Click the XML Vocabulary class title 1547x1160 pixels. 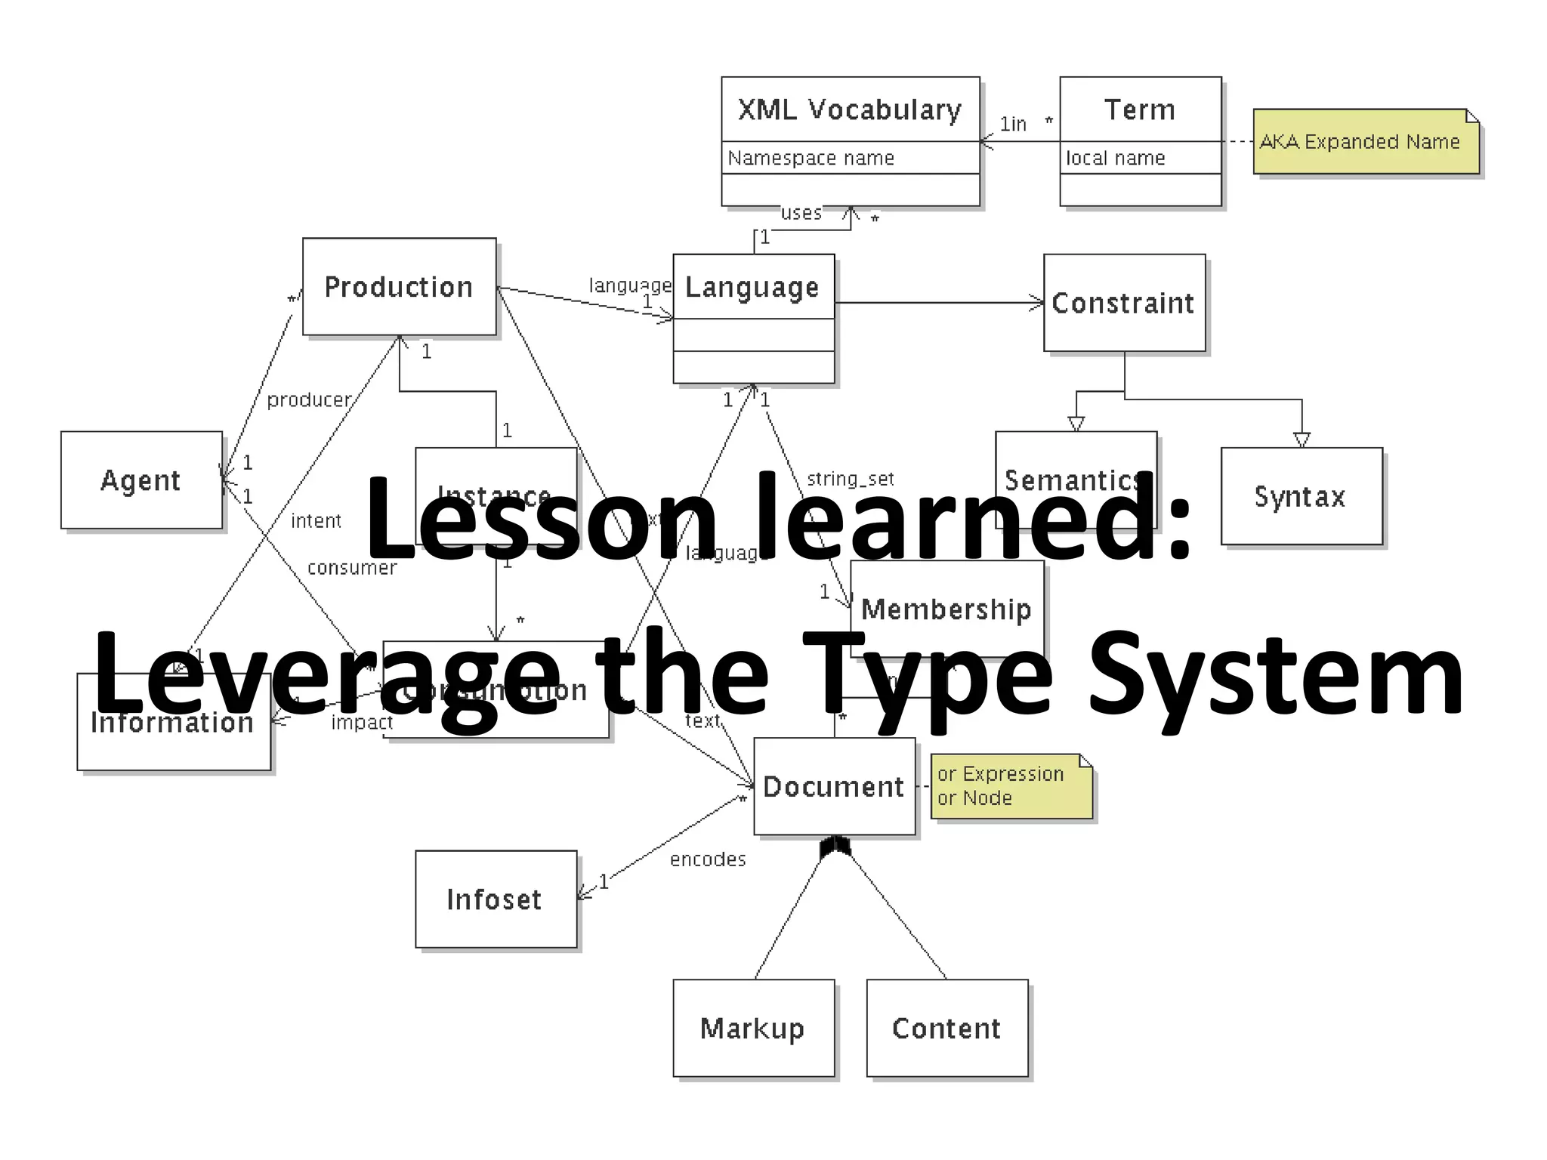(x=850, y=110)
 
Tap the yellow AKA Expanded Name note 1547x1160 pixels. (x=1365, y=142)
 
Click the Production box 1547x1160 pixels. (x=399, y=287)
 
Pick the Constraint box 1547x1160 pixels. (x=1124, y=303)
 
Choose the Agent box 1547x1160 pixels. (x=141, y=480)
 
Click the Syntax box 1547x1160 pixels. (x=1301, y=496)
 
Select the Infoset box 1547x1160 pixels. (x=496, y=899)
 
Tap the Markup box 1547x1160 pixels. (x=753, y=1028)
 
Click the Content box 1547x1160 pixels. (x=946, y=1028)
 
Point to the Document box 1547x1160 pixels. (x=834, y=786)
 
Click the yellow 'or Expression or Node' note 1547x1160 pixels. (x=1011, y=786)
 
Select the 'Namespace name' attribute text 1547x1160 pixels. (x=811, y=158)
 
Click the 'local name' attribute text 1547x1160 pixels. (x=1115, y=158)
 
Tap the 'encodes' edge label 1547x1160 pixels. (x=708, y=859)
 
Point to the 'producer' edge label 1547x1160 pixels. (x=309, y=400)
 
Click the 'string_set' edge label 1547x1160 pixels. (x=851, y=479)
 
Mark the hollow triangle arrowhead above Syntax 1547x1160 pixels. (x=1302, y=440)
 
